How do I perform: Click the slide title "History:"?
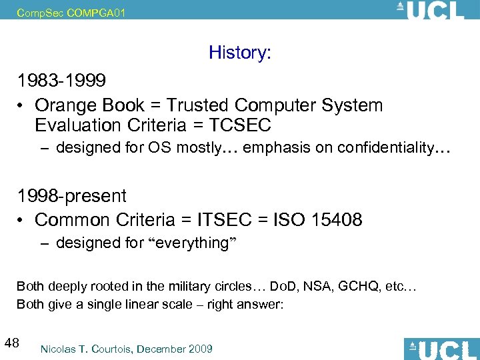point(239,53)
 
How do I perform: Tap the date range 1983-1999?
point(61,81)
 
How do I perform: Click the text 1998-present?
point(71,196)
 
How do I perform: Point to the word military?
point(168,287)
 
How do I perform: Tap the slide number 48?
point(11,343)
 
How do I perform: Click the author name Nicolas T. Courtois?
point(87,349)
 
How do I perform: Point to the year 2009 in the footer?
point(199,349)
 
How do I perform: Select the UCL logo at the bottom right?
point(441,349)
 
